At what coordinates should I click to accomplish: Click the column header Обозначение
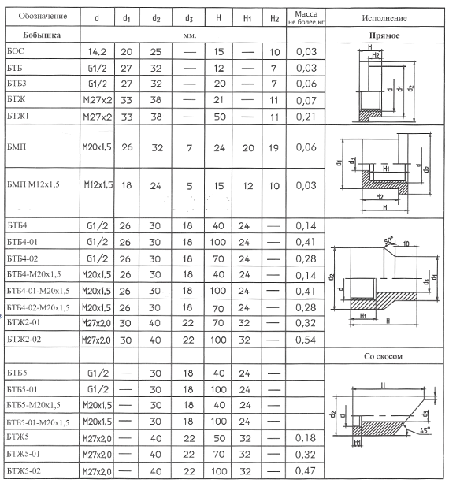point(43,16)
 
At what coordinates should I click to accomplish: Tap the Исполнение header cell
point(384,18)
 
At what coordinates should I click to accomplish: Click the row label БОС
point(16,51)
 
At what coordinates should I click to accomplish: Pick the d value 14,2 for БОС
point(97,52)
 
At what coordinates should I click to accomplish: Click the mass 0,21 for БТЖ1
point(306,117)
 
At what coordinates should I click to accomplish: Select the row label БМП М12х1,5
point(33,184)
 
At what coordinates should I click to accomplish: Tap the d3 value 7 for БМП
point(189,148)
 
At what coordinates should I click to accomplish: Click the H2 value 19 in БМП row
point(274,148)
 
